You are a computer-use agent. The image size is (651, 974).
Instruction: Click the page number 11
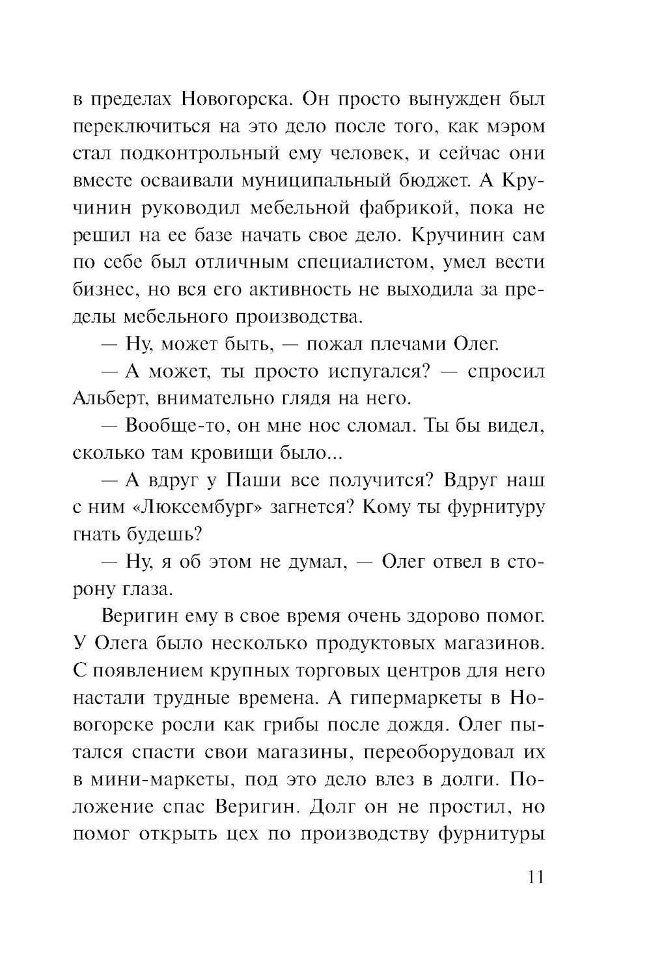pos(532,876)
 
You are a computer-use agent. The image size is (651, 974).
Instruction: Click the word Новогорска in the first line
pos(231,100)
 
